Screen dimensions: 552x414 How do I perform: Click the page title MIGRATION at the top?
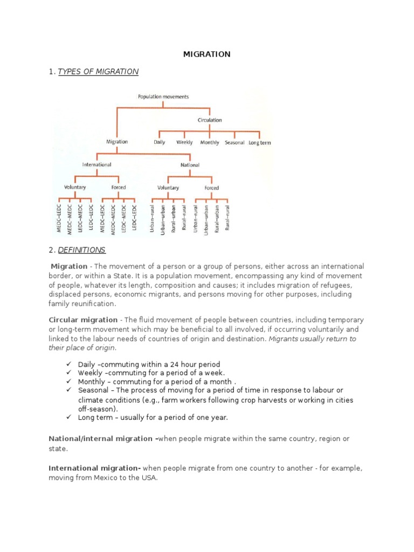coord(207,54)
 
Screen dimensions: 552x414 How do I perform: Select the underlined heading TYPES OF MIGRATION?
coord(98,72)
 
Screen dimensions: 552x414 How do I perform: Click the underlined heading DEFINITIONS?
coord(82,250)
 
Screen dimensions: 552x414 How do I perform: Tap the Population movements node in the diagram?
coord(163,97)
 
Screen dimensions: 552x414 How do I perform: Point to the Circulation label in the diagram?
coord(210,120)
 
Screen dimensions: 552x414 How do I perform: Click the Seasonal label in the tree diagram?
coord(234,143)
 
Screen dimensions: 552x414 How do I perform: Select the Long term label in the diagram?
coord(260,143)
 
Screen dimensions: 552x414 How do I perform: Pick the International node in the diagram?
coord(96,164)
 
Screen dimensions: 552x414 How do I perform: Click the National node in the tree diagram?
coord(189,165)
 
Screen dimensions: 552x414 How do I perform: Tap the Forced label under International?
coord(119,188)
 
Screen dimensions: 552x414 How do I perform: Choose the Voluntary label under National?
coord(168,188)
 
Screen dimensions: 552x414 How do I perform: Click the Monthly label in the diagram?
coord(210,143)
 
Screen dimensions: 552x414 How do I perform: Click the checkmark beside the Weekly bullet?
coord(69,372)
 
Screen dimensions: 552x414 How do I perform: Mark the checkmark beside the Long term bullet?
coord(69,417)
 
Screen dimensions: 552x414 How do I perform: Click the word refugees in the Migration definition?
coord(336,285)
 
